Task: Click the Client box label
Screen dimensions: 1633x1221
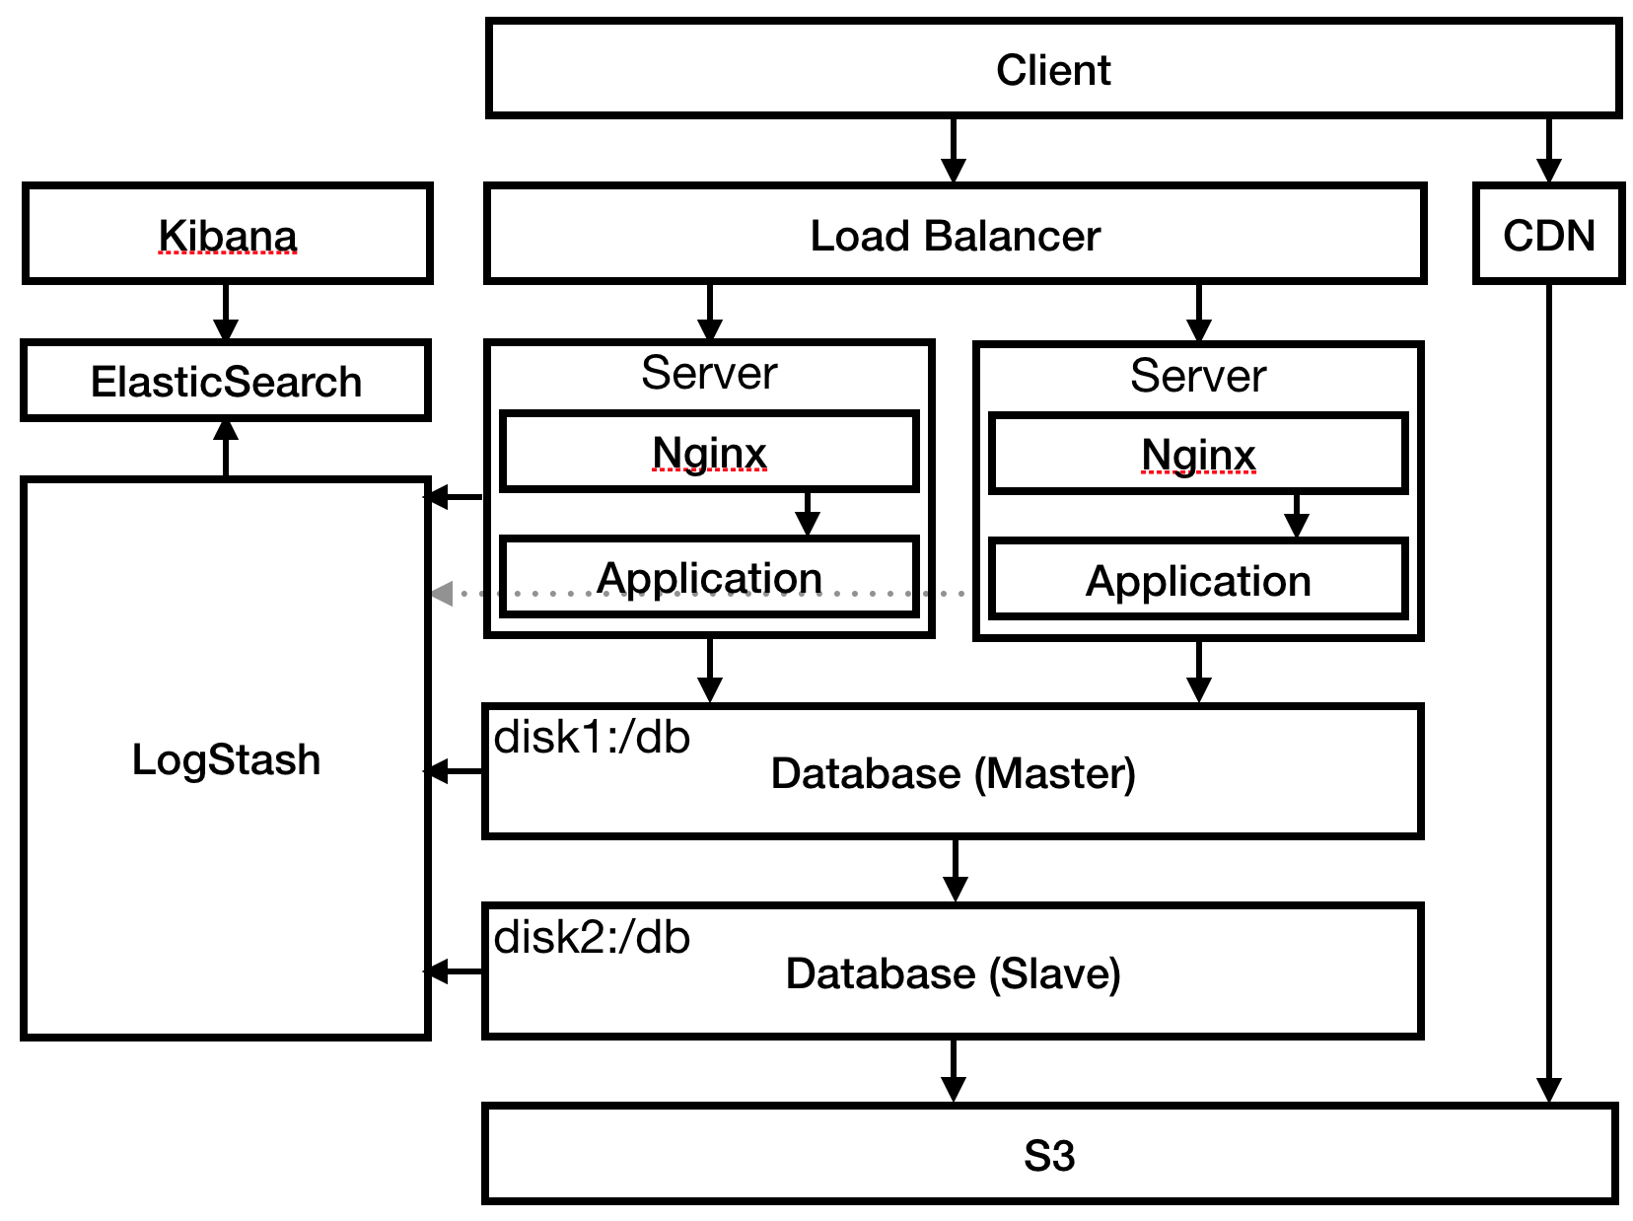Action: [1052, 70]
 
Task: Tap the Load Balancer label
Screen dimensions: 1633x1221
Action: [955, 236]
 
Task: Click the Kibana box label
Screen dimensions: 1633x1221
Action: [228, 236]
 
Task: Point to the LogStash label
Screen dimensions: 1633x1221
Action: [226, 759]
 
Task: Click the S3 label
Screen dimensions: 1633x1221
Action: [1049, 1156]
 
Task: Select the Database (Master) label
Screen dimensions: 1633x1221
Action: [953, 774]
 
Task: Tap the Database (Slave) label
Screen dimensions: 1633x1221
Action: [953, 974]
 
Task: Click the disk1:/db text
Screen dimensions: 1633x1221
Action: [592, 738]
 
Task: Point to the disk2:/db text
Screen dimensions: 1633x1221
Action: [592, 938]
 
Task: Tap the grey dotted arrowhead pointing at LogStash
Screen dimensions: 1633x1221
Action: [442, 594]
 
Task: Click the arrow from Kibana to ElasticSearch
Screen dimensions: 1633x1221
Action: [226, 312]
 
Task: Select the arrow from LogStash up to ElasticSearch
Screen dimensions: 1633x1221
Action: [226, 448]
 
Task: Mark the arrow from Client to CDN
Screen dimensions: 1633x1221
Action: [1548, 150]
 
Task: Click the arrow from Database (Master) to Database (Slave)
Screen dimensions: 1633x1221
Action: [955, 871]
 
